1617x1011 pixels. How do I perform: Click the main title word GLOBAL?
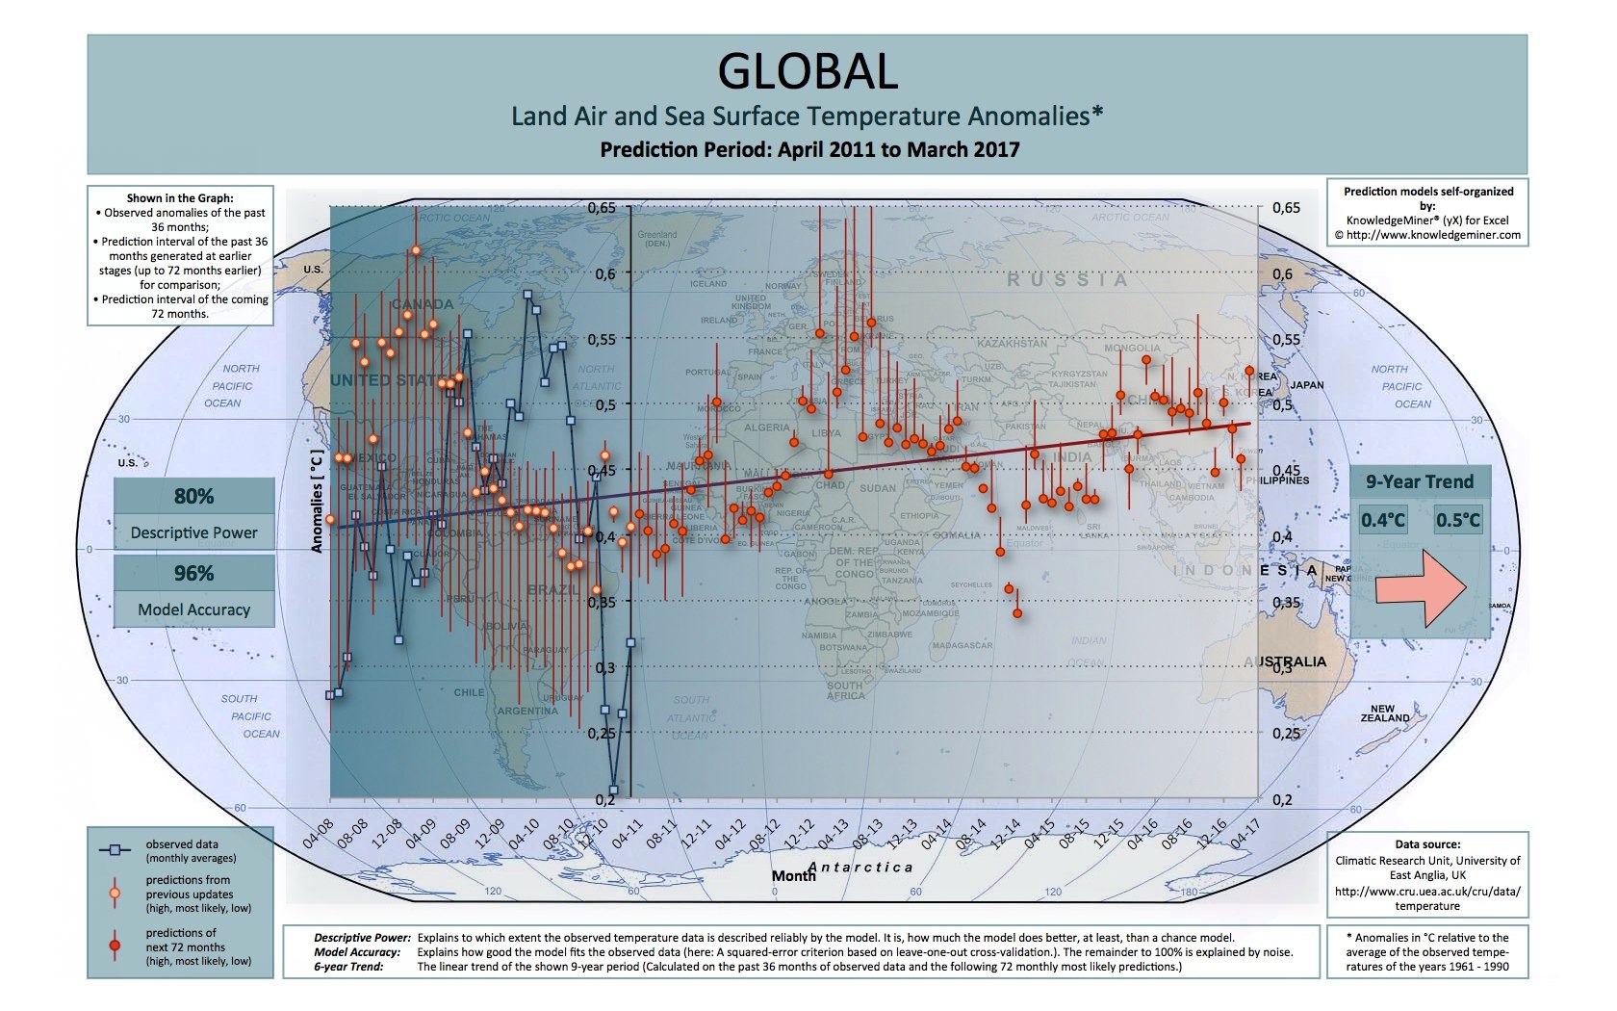pyautogui.click(x=808, y=70)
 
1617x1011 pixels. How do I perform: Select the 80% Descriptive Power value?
pyautogui.click(x=193, y=496)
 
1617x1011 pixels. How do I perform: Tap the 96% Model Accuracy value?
pyautogui.click(x=193, y=573)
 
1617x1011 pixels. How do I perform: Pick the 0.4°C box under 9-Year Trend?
pyautogui.click(x=1383, y=520)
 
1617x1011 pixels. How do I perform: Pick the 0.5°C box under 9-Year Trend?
pyautogui.click(x=1457, y=520)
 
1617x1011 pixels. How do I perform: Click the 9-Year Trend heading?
pyautogui.click(x=1420, y=481)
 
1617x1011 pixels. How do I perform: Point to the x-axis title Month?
pyautogui.click(x=793, y=876)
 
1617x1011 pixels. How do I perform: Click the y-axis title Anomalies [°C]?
pyautogui.click(x=316, y=501)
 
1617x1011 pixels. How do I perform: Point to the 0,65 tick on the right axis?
pyautogui.click(x=1286, y=208)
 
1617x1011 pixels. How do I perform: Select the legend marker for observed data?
pyautogui.click(x=115, y=850)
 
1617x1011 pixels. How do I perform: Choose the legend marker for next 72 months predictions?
pyautogui.click(x=115, y=946)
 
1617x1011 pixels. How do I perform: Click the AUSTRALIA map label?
pyautogui.click(x=1285, y=661)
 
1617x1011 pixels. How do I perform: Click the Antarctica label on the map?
pyautogui.click(x=860, y=868)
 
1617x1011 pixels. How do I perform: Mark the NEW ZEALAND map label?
pyautogui.click(x=1384, y=713)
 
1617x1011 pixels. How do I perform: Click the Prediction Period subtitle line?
pyautogui.click(x=808, y=149)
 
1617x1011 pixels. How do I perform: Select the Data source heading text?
pyautogui.click(x=1427, y=844)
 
